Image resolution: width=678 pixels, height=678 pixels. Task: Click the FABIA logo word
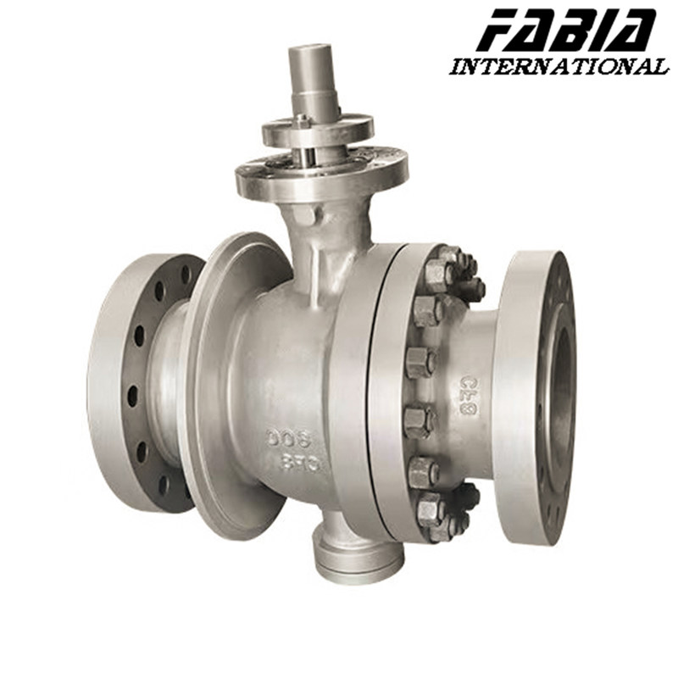(x=566, y=32)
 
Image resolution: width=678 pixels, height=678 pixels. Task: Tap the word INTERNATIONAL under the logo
(x=559, y=67)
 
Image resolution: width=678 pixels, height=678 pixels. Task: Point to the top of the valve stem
(x=314, y=53)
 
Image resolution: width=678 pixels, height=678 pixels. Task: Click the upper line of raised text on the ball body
(x=286, y=440)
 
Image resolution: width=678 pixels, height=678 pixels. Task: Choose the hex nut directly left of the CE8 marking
(x=420, y=362)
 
